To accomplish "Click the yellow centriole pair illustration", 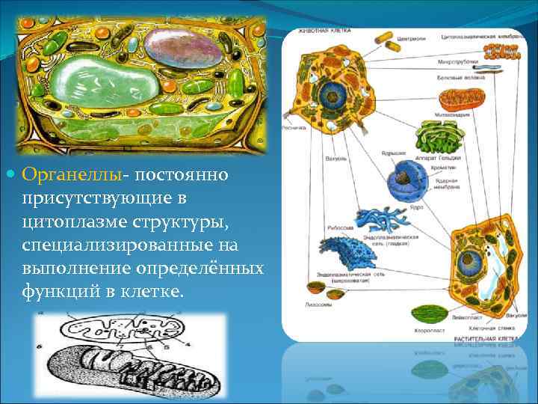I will coord(383,37).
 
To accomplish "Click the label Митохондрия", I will coord(453,114).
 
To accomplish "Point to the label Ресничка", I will coord(294,127).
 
